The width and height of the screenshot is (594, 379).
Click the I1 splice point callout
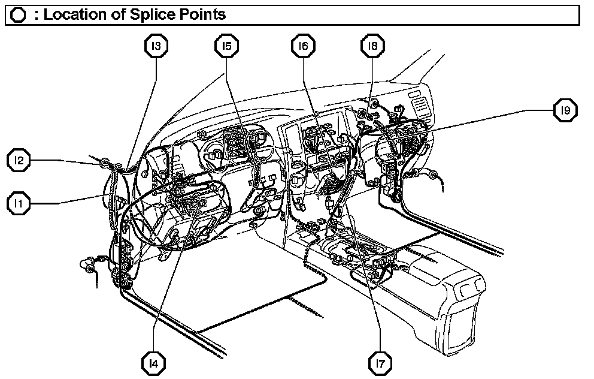click(x=19, y=203)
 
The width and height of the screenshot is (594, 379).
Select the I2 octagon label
click(x=19, y=160)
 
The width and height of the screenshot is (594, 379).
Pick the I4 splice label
click(x=154, y=362)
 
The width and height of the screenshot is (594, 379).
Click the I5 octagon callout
click(x=226, y=45)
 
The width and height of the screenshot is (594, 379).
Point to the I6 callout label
click(x=304, y=45)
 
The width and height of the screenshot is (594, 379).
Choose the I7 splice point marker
click(x=381, y=362)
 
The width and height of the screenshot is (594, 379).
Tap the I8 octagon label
click(x=372, y=45)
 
